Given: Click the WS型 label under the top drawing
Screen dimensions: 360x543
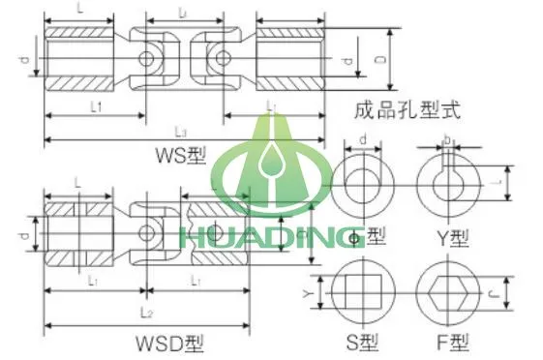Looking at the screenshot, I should click(181, 154).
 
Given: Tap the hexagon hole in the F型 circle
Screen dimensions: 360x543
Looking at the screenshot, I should click(447, 292).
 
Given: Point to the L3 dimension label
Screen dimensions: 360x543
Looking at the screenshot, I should click(181, 132).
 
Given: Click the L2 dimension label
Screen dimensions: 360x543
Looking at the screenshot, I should click(147, 312).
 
